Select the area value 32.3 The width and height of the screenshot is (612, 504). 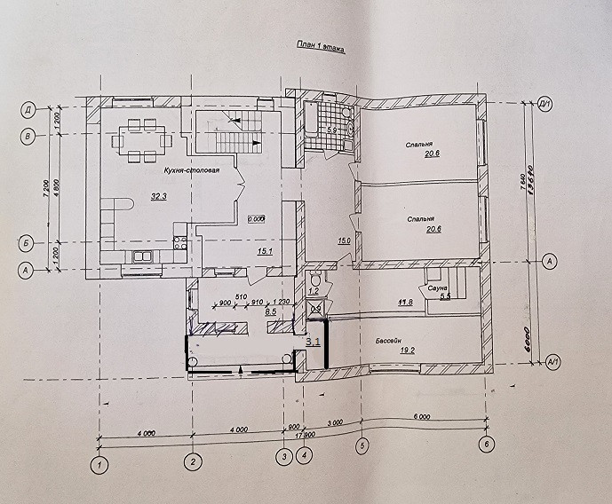[136, 195]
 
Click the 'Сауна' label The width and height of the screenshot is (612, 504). [436, 289]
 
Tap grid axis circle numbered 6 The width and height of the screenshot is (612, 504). [486, 444]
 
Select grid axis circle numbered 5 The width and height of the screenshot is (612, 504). [362, 445]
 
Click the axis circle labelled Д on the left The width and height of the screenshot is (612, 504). [28, 111]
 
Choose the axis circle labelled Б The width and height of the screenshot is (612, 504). [28, 241]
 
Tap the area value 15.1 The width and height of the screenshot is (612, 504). [263, 251]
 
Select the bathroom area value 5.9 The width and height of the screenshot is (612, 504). [332, 130]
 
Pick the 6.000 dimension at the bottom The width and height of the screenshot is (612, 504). [424, 419]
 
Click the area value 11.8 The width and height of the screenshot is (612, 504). [405, 303]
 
